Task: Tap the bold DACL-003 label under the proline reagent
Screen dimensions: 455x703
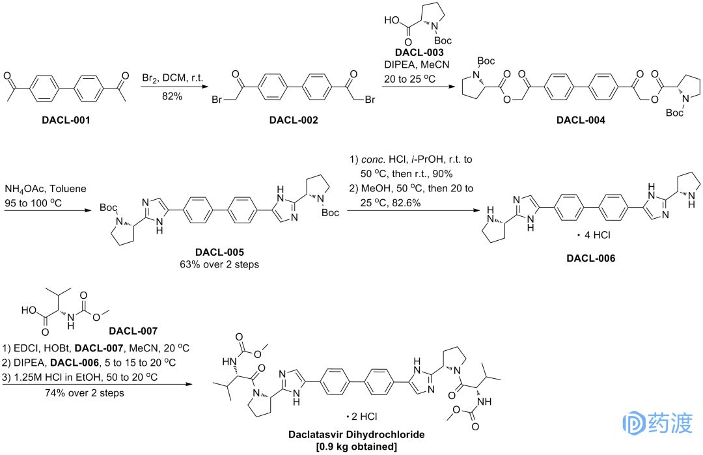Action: [x=420, y=52]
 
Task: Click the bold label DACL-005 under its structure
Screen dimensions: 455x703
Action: [x=221, y=251]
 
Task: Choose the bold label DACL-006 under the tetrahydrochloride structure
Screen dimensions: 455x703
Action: [x=591, y=258]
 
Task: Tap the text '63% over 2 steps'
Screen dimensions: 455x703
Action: [x=221, y=264]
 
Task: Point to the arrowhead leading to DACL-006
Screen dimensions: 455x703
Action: [x=473, y=210]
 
